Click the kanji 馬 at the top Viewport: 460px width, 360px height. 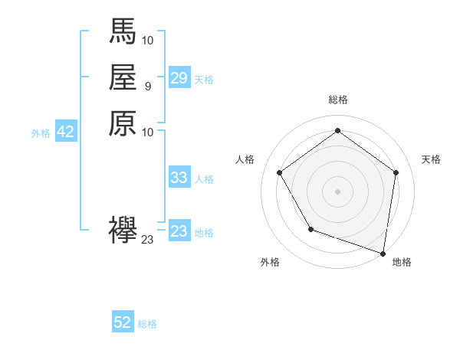click(123, 31)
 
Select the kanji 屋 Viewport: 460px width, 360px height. click(123, 77)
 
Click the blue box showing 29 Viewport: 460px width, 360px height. click(179, 78)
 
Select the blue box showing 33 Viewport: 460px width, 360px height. click(179, 178)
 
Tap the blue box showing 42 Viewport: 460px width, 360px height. click(65, 132)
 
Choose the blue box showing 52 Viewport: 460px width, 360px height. click(123, 322)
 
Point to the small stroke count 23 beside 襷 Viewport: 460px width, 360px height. click(147, 240)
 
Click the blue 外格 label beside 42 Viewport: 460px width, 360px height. click(41, 133)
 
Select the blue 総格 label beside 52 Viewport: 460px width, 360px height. click(147, 324)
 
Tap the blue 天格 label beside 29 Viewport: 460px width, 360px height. click(204, 80)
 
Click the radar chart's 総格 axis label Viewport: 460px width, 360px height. click(337, 100)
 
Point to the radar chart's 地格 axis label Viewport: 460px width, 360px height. click(402, 262)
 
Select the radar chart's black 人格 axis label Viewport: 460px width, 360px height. click(245, 159)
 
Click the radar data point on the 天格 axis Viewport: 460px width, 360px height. click(396, 172)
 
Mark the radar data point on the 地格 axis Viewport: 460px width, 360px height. click(383, 252)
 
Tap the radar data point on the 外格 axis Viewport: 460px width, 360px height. click(310, 229)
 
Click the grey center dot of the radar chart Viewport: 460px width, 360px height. click(337, 191)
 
